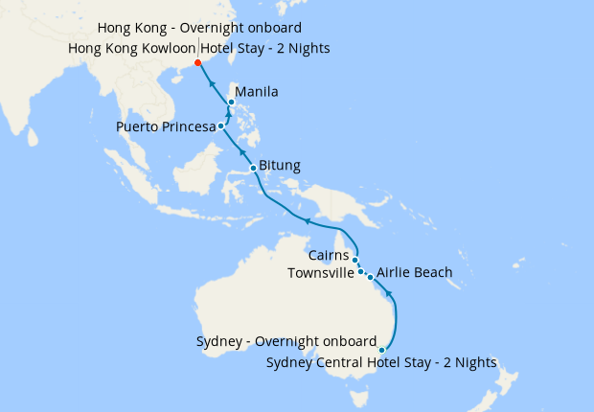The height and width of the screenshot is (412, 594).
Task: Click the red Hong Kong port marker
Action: (x=198, y=63)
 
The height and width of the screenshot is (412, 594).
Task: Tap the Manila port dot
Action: (x=231, y=103)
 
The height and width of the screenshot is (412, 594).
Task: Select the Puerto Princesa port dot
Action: (x=221, y=126)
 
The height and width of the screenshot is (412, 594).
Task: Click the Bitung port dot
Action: (x=252, y=169)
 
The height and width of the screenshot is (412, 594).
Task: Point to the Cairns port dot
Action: (x=354, y=260)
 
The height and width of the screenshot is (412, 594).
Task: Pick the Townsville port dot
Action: (x=360, y=272)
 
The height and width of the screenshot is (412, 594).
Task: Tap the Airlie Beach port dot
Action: (x=370, y=277)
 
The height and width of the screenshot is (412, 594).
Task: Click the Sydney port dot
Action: (x=382, y=351)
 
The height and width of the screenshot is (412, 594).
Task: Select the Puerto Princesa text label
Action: (x=166, y=126)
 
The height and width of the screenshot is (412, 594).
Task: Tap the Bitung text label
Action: (x=280, y=166)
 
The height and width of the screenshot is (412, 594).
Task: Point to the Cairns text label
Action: (x=329, y=256)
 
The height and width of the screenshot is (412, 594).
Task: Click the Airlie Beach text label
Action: (x=415, y=273)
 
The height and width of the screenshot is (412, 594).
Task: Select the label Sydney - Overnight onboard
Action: (x=286, y=341)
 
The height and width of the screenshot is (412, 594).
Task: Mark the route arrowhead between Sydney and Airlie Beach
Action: (x=389, y=296)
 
